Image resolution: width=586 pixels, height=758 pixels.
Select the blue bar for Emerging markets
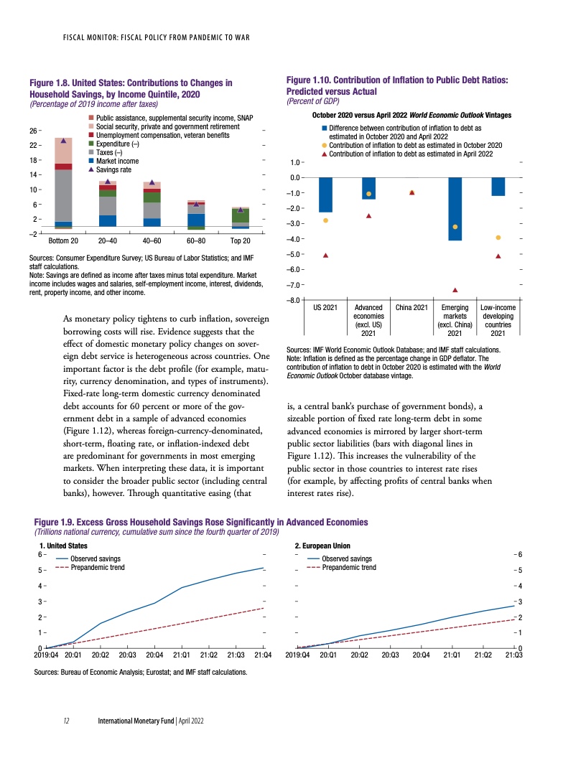point(455,208)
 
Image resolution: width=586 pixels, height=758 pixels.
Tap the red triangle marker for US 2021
point(325,255)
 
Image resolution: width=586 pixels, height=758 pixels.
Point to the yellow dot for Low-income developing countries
point(498,238)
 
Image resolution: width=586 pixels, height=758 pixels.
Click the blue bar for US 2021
point(325,195)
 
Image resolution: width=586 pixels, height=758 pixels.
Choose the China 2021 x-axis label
point(411,308)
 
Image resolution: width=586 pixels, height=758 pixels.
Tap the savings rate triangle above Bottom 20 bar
point(64,141)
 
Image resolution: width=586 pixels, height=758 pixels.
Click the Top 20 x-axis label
point(240,240)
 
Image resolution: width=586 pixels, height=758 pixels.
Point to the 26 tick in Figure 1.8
point(34,131)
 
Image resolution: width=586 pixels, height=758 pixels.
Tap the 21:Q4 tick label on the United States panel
point(262,655)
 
